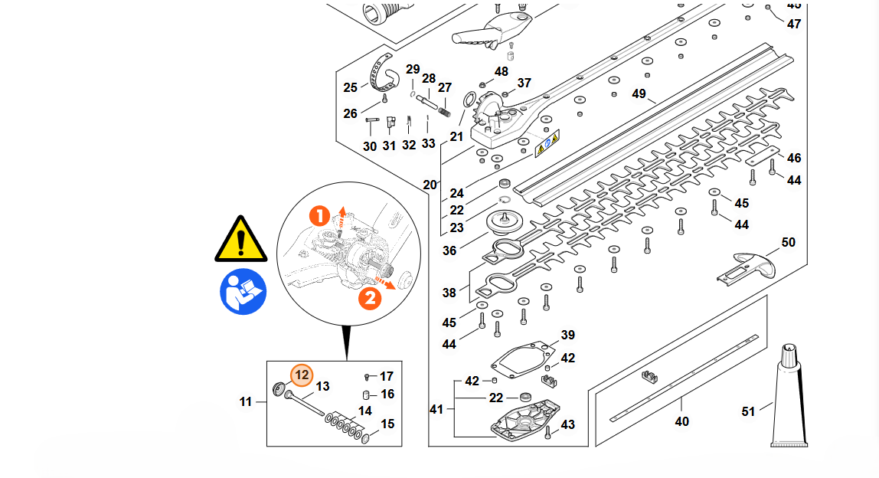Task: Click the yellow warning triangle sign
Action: tap(241, 239)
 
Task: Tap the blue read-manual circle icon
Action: tap(243, 291)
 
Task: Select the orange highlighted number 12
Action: tap(302, 375)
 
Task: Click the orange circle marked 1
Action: tap(320, 215)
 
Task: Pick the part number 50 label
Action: tap(788, 243)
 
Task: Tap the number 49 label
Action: tap(639, 94)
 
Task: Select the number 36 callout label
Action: tap(449, 250)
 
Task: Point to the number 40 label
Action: tap(681, 421)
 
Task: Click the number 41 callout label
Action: tap(436, 410)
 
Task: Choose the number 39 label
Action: tap(567, 335)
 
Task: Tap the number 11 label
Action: tap(246, 401)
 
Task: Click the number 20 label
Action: tap(430, 185)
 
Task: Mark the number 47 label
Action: tap(794, 24)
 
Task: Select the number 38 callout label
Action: tap(449, 293)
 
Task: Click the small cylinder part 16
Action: tap(367, 395)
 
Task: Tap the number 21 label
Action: tap(456, 136)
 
